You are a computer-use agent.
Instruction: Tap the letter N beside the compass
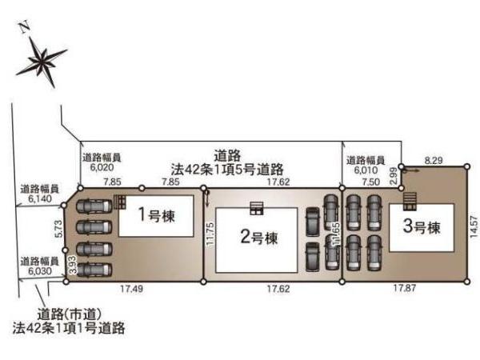(24, 28)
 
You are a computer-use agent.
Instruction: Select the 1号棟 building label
(155, 215)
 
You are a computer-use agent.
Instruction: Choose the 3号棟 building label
(421, 227)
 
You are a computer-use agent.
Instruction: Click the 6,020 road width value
(102, 169)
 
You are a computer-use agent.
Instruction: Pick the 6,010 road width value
(365, 170)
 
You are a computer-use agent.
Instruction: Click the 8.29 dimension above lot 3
(434, 162)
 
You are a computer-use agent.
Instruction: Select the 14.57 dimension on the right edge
(474, 225)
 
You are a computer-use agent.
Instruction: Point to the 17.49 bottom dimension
(132, 289)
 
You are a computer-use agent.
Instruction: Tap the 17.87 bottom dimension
(402, 289)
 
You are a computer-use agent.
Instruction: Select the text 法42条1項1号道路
(68, 327)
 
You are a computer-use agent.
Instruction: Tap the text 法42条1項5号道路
(228, 169)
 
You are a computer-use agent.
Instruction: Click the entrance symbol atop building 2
(257, 209)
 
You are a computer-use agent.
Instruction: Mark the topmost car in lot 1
(94, 206)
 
